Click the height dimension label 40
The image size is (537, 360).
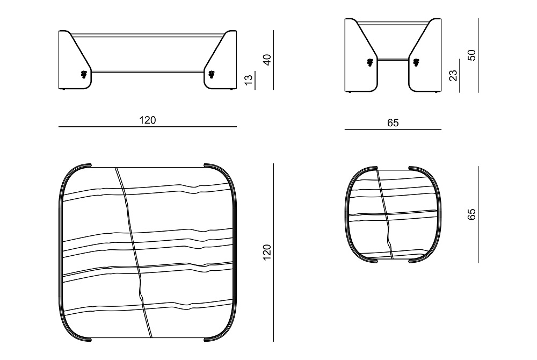267,60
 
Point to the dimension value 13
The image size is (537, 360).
249,79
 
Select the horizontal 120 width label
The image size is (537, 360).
148,120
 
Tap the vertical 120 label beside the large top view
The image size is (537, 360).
267,253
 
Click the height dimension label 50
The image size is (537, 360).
471,55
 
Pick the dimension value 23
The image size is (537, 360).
453,75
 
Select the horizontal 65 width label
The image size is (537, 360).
393,123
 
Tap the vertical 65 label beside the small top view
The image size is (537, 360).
471,214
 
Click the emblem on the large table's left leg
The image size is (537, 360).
84,74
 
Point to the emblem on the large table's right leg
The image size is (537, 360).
211,74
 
